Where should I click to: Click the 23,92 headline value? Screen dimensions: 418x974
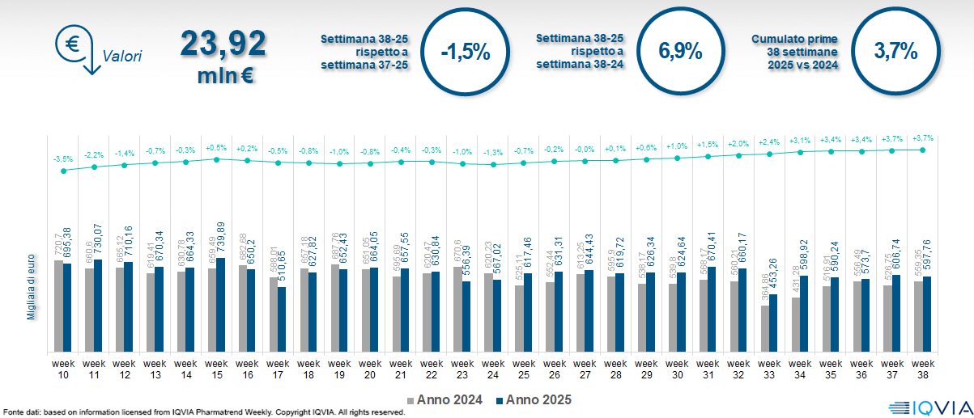[x=223, y=42]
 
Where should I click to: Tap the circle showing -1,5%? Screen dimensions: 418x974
[x=465, y=52]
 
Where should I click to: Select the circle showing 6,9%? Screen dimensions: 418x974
[x=679, y=52]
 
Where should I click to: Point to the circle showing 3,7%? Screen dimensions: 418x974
[x=895, y=52]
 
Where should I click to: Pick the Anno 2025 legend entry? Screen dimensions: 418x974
[x=530, y=399]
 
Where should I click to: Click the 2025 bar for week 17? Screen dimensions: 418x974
[x=283, y=319]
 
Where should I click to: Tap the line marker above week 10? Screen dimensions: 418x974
[x=63, y=171]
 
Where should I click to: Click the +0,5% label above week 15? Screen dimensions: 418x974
[x=216, y=148]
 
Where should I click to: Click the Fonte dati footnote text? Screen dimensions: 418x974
[x=202, y=412]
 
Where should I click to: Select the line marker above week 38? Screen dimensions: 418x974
[x=923, y=150]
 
